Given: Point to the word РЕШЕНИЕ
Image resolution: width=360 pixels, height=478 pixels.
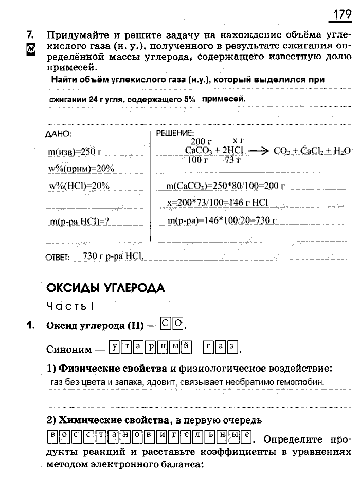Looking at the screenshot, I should pyautogui.click(x=171, y=133).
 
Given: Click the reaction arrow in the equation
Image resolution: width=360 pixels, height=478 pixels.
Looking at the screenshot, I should pyautogui.click(x=258, y=151).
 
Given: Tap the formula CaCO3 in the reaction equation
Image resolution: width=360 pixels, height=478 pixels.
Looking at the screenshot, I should pyautogui.click(x=199, y=151).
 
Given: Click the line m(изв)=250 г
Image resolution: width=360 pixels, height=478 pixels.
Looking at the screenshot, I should pyautogui.click(x=74, y=152).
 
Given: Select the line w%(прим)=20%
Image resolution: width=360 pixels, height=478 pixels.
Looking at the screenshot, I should pyautogui.click(x=80, y=169).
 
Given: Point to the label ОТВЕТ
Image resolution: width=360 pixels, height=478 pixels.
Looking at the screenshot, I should pyautogui.click(x=57, y=258).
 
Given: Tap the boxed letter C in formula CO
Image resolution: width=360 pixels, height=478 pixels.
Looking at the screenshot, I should pyautogui.click(x=166, y=324).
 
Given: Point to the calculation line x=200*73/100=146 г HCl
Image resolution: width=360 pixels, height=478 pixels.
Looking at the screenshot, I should pyautogui.click(x=218, y=203).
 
